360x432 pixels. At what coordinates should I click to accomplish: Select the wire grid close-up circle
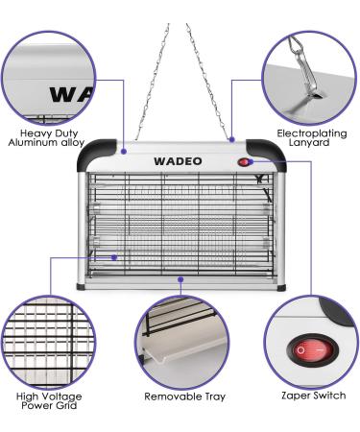click(45, 339)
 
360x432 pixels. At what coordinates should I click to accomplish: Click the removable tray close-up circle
click(180, 338)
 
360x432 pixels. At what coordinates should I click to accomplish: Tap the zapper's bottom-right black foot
click(278, 288)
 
